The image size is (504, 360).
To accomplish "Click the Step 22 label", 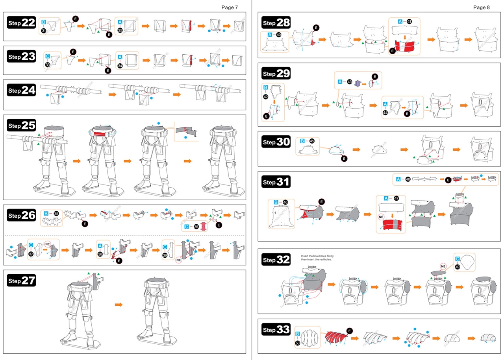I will click(x=21, y=23).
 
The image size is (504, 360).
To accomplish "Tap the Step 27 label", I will click(x=21, y=281).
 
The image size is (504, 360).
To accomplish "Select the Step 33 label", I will click(x=276, y=330).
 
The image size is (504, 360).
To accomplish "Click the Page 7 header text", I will click(x=230, y=7).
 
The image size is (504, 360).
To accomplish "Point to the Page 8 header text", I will click(x=482, y=7).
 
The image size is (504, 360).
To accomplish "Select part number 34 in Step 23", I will click(x=120, y=64).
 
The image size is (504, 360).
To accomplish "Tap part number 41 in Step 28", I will click(x=409, y=22).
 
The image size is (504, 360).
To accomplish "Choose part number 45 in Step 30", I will click(x=312, y=141).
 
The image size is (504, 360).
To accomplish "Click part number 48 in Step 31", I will click(x=408, y=179).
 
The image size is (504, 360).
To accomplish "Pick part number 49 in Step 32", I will click(x=457, y=267).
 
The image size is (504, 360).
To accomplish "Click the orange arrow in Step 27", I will click(x=119, y=305).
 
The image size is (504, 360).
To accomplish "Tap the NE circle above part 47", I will click(x=381, y=217).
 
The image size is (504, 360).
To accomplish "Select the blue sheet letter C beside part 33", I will click(x=47, y=56).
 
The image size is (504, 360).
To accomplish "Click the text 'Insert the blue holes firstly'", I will click(x=317, y=256).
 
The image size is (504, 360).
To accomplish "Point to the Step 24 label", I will click(x=21, y=90).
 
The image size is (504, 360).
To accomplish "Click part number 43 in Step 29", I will click(x=349, y=82).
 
